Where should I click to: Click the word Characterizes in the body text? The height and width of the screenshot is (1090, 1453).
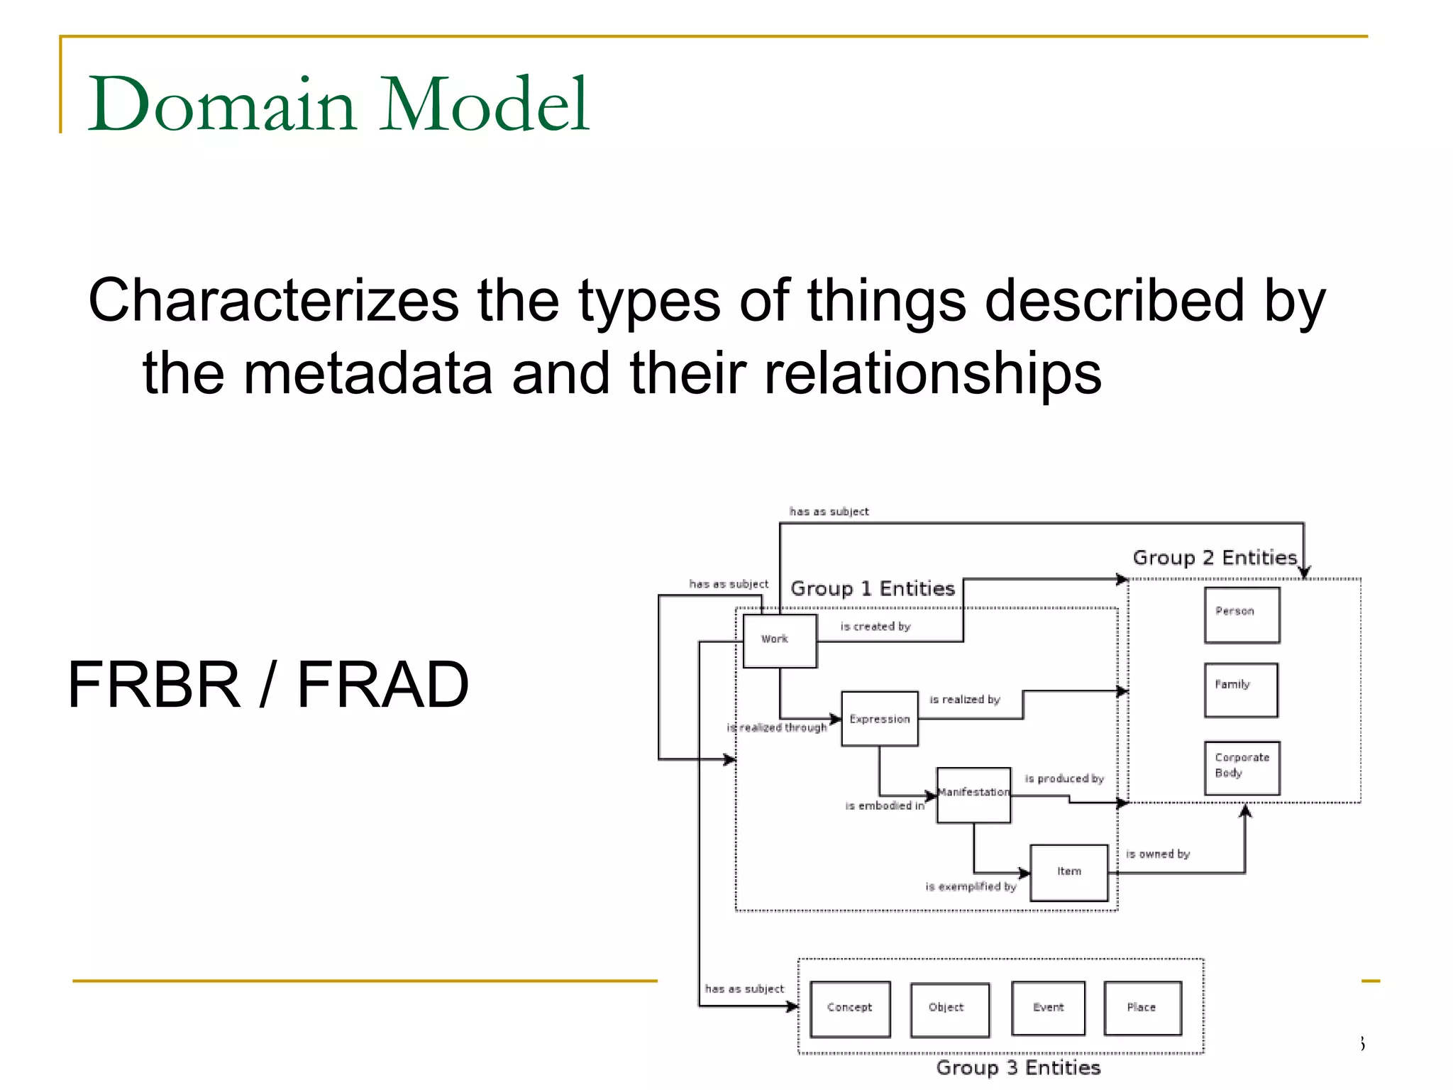pos(274,301)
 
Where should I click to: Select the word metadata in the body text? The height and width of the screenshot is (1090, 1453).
pos(368,374)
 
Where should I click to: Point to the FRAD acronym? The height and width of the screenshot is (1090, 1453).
pos(382,685)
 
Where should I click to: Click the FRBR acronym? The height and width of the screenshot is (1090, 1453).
pos(154,685)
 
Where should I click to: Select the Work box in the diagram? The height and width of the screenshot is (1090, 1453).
pos(779,641)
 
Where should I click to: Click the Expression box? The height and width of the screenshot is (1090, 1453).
pos(879,719)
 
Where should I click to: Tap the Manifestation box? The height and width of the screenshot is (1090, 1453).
pos(973,794)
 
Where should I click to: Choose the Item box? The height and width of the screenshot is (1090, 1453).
pos(1068,872)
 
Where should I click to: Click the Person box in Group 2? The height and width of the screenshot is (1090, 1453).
pos(1241,615)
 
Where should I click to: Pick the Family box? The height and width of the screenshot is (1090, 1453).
pos(1240,690)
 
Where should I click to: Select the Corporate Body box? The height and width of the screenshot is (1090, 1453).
pos(1241,768)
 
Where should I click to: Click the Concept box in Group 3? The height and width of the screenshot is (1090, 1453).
pos(849,1008)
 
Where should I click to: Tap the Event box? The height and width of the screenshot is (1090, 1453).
pos(1047,1008)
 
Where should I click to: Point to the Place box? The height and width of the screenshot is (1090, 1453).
pos(1142,1008)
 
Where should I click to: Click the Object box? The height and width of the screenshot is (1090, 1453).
pos(949,1009)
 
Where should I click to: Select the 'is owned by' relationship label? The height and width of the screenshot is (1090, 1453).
pos(1157,854)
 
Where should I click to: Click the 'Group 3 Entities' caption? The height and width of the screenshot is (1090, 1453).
pos(1017,1068)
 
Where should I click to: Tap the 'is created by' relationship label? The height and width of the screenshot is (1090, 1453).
pos(875,627)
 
